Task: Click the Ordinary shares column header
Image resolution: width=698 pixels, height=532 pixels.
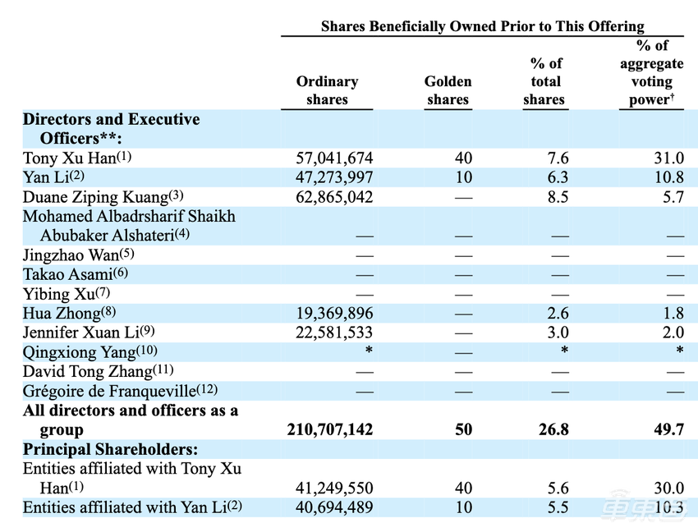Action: coord(327,90)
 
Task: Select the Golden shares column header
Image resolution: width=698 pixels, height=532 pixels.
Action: coord(448,90)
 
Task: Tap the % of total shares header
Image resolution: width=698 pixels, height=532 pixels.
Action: coord(544,81)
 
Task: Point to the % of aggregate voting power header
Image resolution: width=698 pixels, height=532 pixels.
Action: coord(651,72)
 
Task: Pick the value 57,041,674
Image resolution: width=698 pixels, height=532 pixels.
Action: coord(333,158)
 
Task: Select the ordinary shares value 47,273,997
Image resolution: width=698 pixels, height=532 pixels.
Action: coord(333,178)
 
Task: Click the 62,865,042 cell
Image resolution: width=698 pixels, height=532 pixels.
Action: coord(333,197)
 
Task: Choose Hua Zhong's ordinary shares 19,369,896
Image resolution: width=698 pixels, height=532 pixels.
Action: coord(333,313)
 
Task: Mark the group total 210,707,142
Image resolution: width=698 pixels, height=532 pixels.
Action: coord(330,429)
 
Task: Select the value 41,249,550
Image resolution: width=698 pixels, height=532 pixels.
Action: coord(333,488)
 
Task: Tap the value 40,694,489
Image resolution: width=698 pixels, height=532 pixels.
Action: coord(333,507)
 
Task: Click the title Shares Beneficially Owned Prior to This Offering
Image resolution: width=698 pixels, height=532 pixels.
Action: coord(482,26)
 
